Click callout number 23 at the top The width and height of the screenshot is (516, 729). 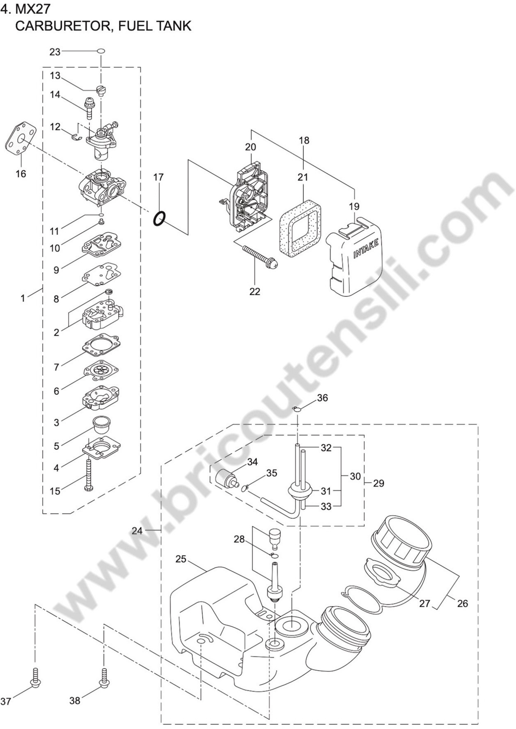pos(55,52)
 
